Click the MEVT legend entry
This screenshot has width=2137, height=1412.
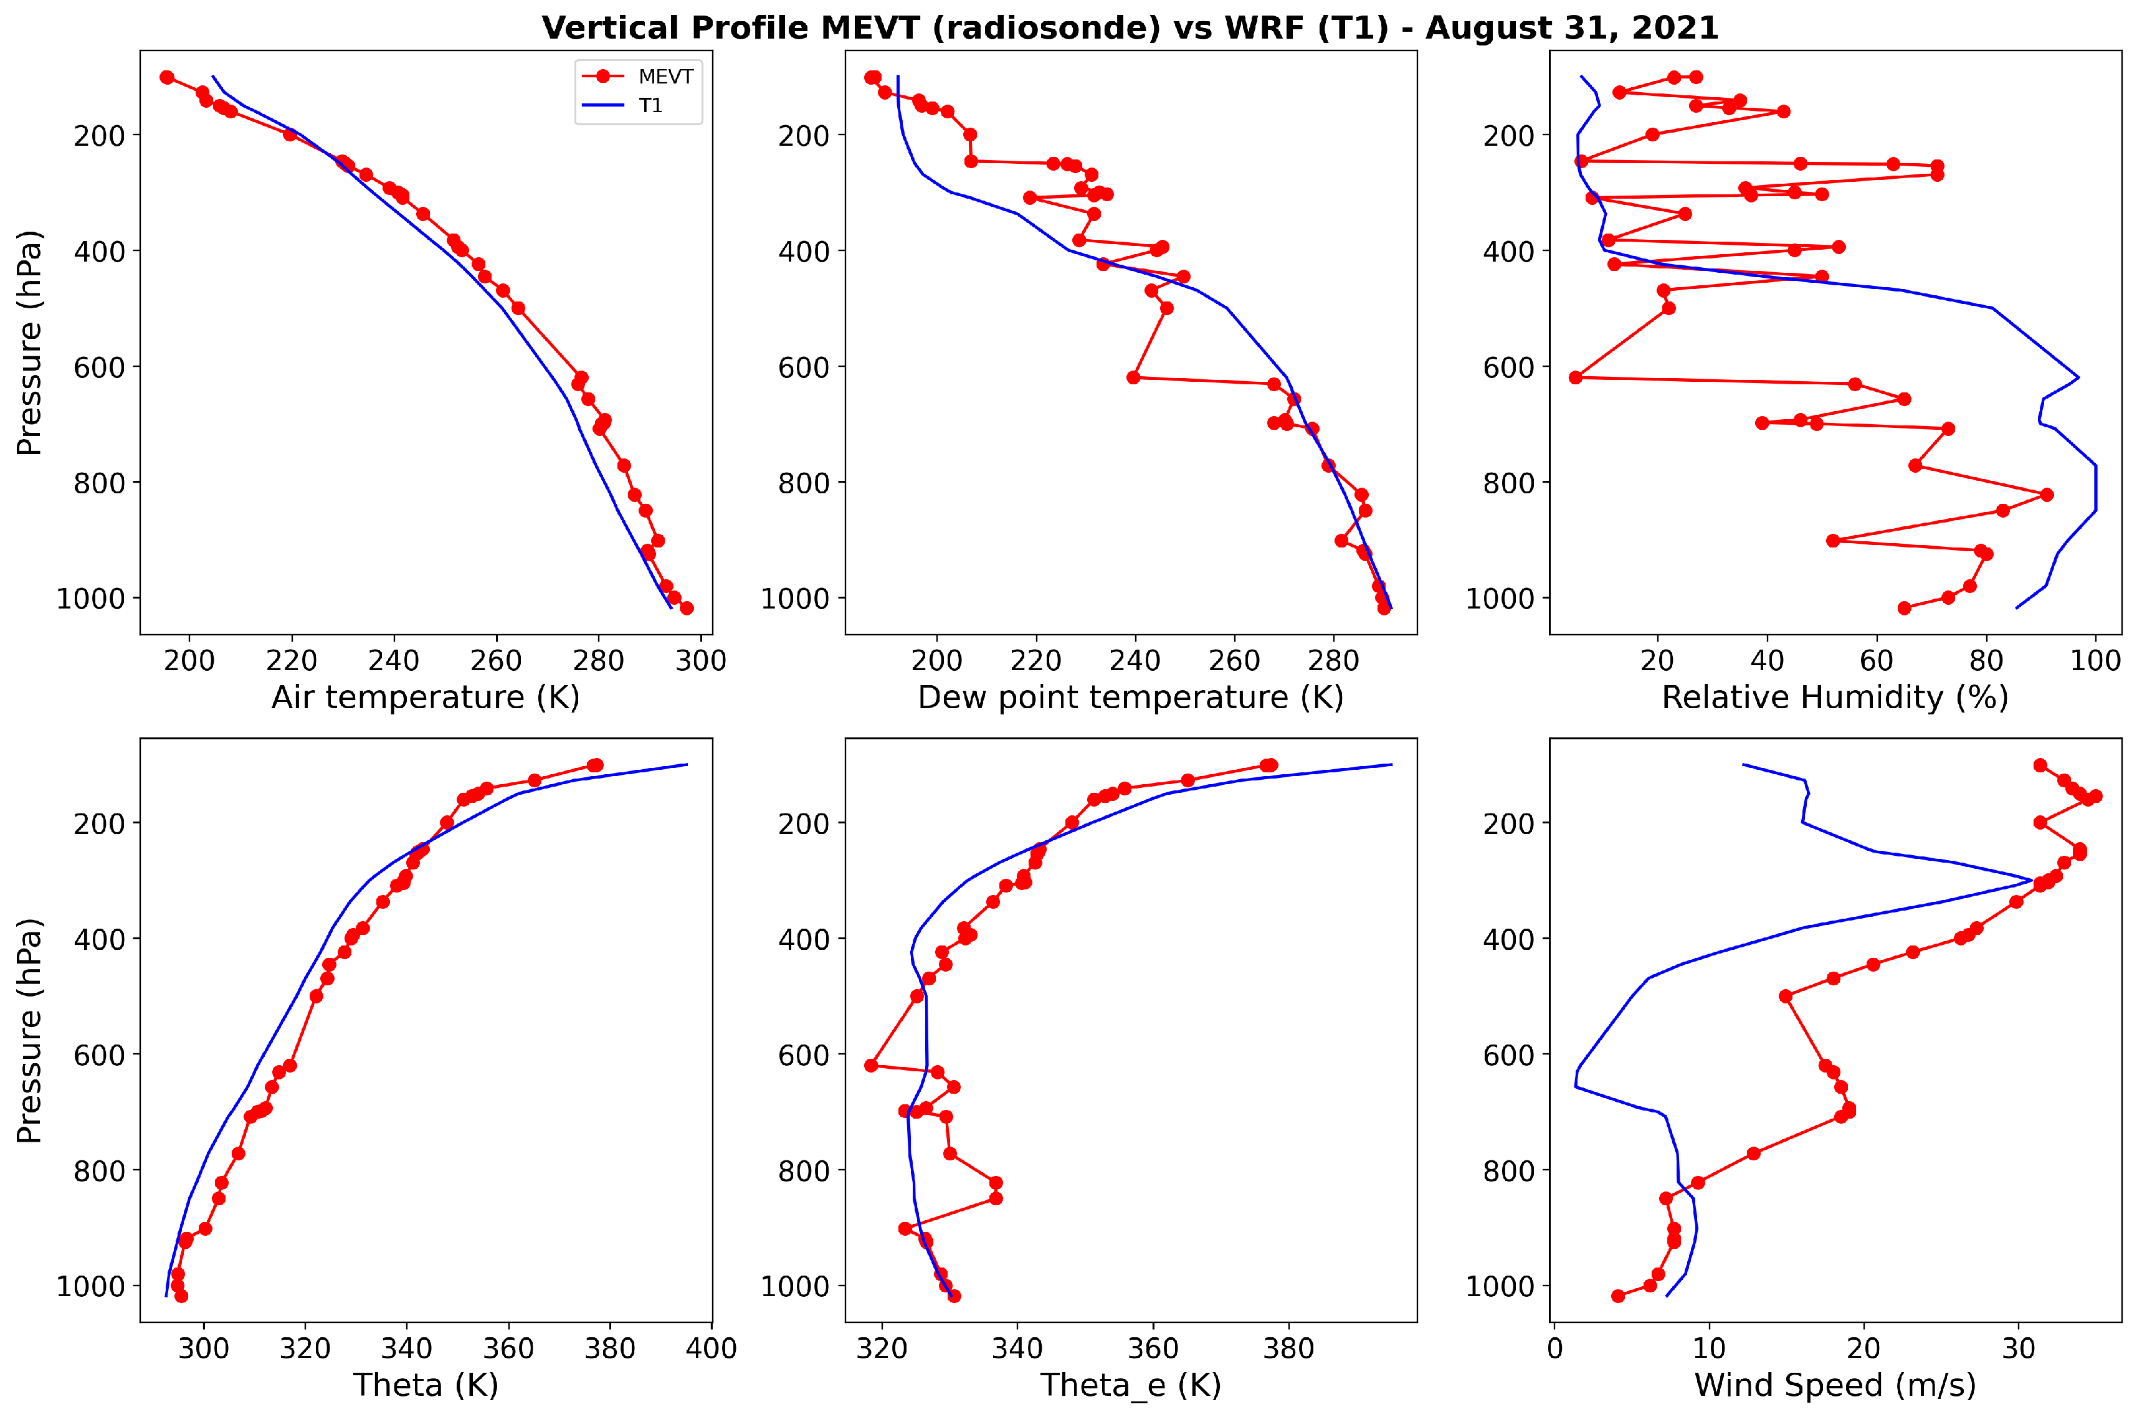pos(665,77)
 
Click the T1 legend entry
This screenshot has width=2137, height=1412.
pos(650,105)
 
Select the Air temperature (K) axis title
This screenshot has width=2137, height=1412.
pos(425,697)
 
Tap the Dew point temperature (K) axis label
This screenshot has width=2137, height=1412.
pos(1130,697)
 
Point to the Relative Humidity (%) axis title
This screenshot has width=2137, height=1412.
pos(1834,697)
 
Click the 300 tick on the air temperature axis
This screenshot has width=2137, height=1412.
pos(701,661)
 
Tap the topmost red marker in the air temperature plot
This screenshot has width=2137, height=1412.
pos(166,77)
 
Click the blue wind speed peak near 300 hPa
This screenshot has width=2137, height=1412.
pos(2032,881)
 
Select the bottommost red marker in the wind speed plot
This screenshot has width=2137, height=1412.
pos(1617,1296)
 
